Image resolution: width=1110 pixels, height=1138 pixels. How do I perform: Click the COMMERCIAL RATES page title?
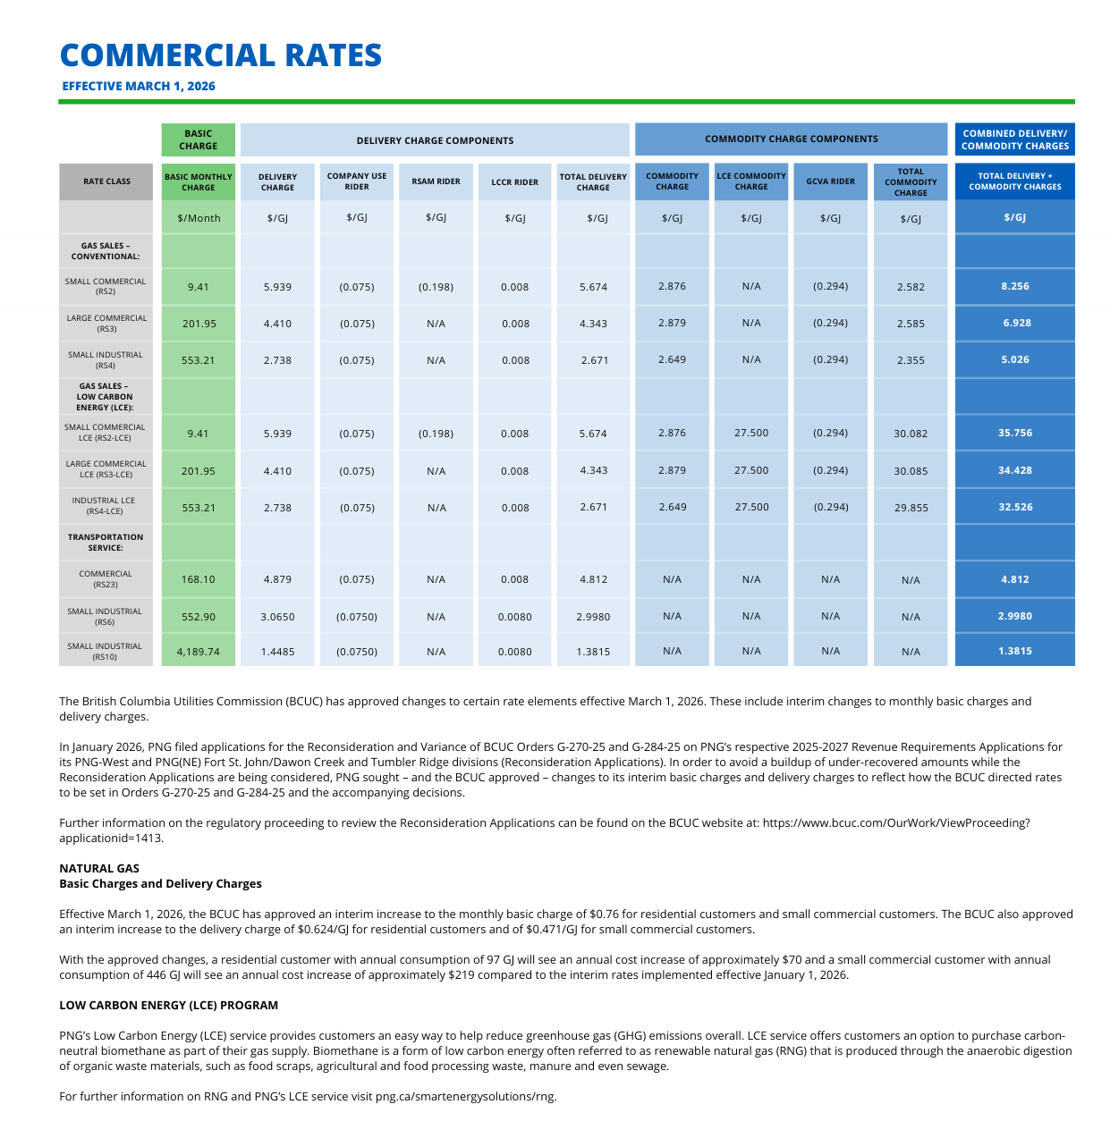click(221, 55)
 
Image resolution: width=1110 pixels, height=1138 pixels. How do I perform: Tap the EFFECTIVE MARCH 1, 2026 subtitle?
click(139, 87)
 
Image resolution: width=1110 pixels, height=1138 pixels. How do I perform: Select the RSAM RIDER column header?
click(436, 181)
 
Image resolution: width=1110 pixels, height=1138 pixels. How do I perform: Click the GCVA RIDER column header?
click(830, 181)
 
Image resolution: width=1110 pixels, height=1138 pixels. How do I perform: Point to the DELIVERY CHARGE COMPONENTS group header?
click(435, 140)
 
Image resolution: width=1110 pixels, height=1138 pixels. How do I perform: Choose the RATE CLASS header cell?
click(106, 181)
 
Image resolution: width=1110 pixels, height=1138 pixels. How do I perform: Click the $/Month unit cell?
click(199, 218)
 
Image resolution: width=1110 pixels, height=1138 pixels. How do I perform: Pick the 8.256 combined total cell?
click(1014, 287)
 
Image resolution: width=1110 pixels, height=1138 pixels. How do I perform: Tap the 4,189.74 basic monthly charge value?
click(198, 652)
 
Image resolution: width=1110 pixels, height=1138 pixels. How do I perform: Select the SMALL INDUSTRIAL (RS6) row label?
click(106, 617)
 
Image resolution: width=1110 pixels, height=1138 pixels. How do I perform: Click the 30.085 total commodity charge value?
click(911, 471)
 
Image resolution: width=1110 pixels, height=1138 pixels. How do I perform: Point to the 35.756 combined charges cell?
click(1014, 434)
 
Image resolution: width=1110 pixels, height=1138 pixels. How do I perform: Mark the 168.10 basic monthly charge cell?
click(198, 579)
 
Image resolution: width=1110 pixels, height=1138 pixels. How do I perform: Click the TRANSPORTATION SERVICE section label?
click(106, 543)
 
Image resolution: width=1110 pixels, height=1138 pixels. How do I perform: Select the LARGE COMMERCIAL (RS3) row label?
click(106, 324)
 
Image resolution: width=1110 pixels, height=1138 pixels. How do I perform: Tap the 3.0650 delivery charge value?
click(277, 617)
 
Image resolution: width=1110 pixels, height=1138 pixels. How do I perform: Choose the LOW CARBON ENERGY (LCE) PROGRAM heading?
click(168, 1006)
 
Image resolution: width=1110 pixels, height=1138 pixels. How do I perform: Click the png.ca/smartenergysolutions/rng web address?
click(465, 1097)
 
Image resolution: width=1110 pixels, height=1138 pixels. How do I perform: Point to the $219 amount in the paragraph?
click(462, 975)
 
